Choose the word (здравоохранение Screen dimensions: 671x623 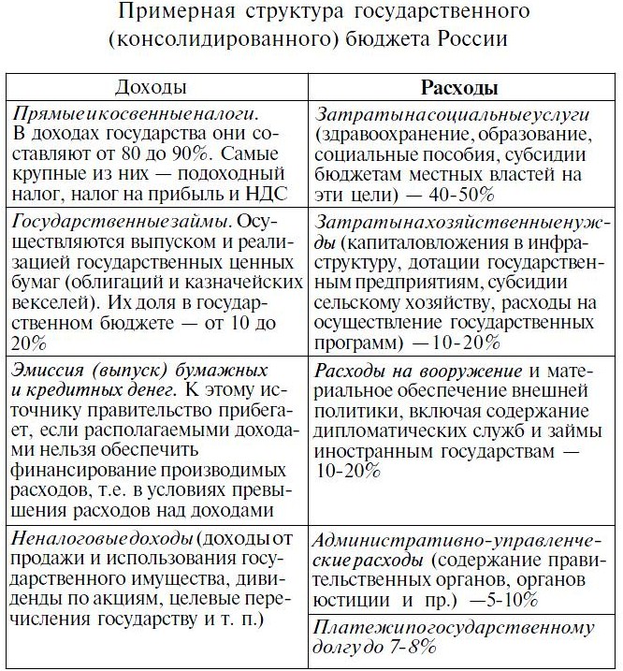coord(386,133)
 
